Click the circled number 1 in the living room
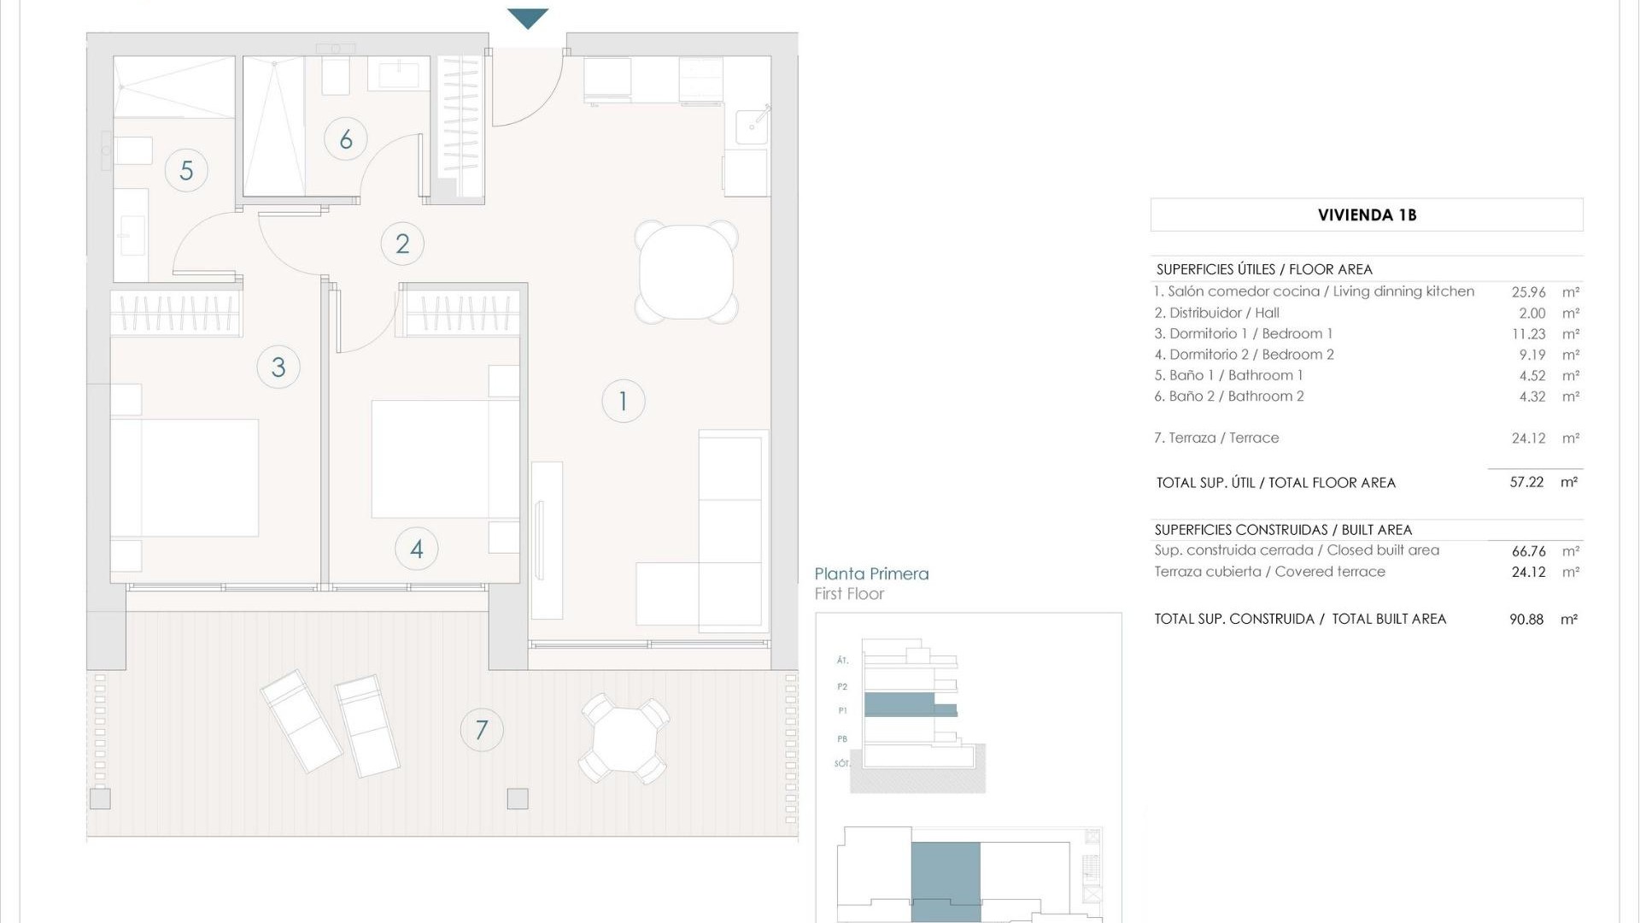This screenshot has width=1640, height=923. [x=623, y=401]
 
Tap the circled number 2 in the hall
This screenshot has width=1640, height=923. [x=402, y=244]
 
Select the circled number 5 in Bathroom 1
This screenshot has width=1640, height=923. [x=186, y=170]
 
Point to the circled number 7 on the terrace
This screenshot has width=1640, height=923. [x=482, y=730]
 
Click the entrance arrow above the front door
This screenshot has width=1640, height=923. [x=528, y=18]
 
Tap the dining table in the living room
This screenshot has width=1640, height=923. [x=686, y=272]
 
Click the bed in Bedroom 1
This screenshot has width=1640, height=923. [x=185, y=478]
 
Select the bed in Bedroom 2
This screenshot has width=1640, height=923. [x=444, y=459]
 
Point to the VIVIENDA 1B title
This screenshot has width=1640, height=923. [x=1367, y=215]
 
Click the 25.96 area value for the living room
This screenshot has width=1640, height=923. [x=1528, y=292]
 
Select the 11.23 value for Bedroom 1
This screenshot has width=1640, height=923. [x=1528, y=334]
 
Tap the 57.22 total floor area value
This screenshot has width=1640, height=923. [x=1526, y=482]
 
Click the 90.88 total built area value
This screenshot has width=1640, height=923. [x=1526, y=620]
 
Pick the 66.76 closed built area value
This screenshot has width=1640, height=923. [x=1528, y=551]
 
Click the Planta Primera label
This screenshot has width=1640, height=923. [x=871, y=574]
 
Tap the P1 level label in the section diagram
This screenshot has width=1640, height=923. [x=842, y=710]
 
